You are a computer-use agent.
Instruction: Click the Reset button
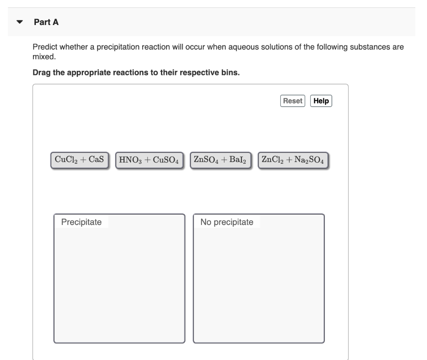293,101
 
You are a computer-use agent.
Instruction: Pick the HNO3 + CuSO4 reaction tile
149,160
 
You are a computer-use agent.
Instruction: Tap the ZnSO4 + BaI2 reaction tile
221,160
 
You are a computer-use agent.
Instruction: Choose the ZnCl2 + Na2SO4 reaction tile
293,160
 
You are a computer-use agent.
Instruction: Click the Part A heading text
46,22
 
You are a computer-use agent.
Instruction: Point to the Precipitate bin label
81,222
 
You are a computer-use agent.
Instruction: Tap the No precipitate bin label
226,222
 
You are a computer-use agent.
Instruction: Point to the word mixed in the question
44,56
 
